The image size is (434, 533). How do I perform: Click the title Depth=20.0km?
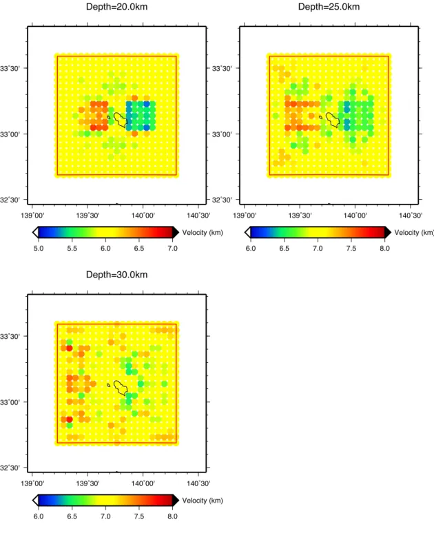click(116, 7)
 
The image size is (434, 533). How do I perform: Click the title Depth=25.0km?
click(329, 7)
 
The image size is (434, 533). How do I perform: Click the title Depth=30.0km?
click(116, 275)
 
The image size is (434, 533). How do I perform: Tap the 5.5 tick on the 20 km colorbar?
click(72, 249)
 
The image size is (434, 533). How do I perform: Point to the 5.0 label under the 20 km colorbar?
click(39, 249)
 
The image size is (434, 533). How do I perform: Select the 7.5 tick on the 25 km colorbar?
click(351, 249)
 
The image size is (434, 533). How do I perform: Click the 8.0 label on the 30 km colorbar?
click(172, 516)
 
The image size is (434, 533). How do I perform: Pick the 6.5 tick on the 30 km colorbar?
click(72, 516)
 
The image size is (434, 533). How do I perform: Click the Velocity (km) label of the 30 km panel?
click(203, 501)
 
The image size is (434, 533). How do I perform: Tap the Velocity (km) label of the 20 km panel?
click(203, 233)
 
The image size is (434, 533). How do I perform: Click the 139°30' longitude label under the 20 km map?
click(87, 216)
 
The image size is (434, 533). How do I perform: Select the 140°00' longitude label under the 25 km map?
click(355, 216)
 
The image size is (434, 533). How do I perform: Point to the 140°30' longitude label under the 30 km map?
click(198, 483)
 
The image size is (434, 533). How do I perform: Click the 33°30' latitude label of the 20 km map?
click(10, 68)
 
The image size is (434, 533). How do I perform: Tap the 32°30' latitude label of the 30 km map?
click(10, 468)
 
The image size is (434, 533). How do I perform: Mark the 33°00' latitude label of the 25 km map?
click(222, 134)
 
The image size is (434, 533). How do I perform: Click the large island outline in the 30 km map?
click(114, 384)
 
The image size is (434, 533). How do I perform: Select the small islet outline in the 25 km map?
click(320, 117)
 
